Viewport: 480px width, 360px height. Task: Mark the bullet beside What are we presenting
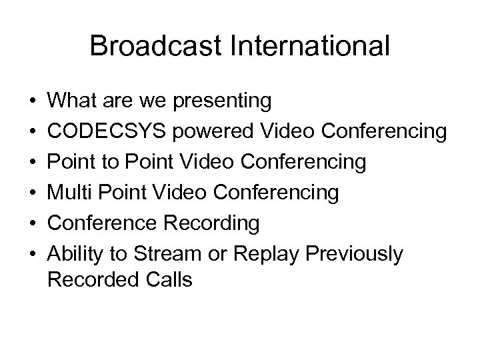pyautogui.click(x=32, y=102)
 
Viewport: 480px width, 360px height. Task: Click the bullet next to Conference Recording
pyautogui.click(x=32, y=223)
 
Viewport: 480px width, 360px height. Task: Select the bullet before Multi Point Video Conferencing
pyautogui.click(x=32, y=193)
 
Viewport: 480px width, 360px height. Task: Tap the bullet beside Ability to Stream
pyautogui.click(x=32, y=254)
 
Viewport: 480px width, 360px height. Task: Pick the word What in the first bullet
pyautogui.click(x=72, y=101)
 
